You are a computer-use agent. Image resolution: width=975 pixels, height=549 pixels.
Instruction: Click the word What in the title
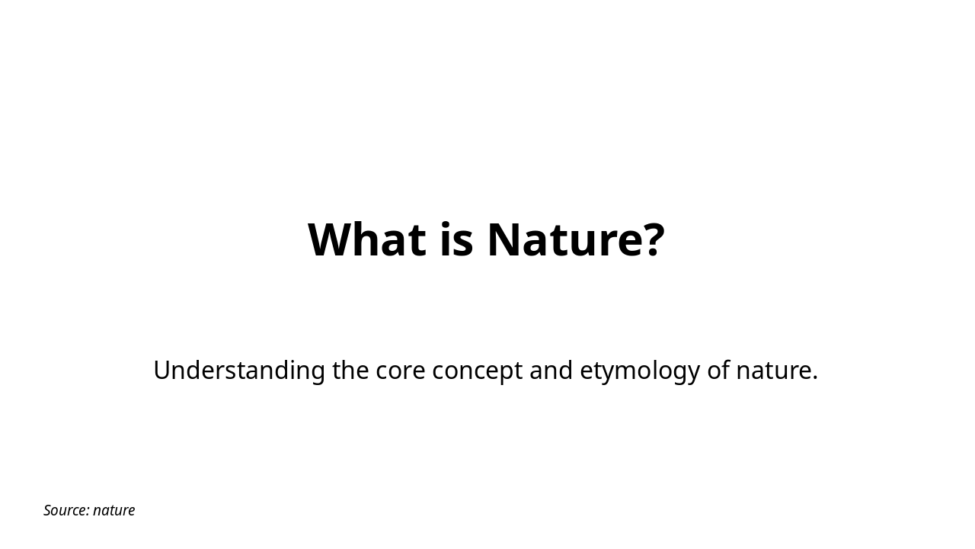click(x=366, y=239)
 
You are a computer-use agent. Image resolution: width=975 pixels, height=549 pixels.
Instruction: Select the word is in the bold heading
click(x=456, y=239)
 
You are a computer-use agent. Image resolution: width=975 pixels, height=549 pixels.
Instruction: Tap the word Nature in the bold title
click(x=564, y=239)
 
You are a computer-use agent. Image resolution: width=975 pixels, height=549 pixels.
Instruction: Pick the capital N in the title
click(x=503, y=239)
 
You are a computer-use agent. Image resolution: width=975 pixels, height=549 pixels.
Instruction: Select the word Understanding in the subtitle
click(x=239, y=371)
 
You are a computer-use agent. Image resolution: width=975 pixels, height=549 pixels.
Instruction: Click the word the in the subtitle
click(x=350, y=371)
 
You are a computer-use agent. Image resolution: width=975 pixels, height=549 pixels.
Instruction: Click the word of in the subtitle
click(x=718, y=371)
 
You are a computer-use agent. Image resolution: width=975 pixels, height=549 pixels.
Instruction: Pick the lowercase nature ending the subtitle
click(x=773, y=371)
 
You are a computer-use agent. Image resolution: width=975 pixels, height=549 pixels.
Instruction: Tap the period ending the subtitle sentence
click(x=815, y=379)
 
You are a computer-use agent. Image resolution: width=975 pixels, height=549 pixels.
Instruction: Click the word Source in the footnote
click(x=65, y=510)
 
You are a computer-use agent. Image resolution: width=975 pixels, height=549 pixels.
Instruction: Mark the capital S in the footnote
click(x=48, y=510)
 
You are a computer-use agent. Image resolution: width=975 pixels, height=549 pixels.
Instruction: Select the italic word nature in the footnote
click(x=114, y=510)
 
